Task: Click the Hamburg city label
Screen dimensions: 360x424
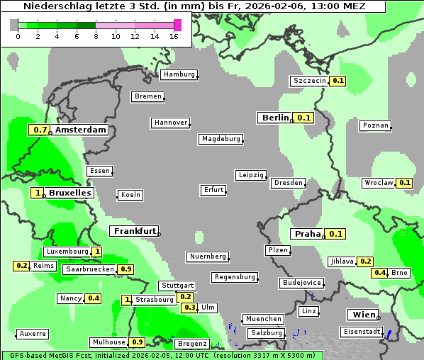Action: pos(179,74)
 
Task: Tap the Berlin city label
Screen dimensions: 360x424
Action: pos(275,118)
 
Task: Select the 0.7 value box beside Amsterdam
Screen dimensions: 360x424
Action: pos(40,130)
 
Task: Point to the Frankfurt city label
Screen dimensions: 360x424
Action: pos(134,231)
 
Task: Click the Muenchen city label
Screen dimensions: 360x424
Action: pos(262,319)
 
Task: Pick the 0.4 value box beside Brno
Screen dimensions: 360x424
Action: pos(380,273)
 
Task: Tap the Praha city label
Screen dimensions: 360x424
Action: pos(308,234)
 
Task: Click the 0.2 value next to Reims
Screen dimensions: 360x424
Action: pos(21,266)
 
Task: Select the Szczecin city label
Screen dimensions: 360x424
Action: pos(310,81)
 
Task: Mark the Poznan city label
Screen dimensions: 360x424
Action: pos(375,125)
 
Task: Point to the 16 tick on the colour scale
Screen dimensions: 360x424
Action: pos(174,36)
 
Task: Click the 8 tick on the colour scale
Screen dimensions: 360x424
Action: pos(96,36)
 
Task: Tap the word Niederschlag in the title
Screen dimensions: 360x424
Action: pos(51,6)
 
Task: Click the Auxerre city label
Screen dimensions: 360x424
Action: pos(33,333)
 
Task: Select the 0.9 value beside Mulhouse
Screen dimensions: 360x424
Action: pos(138,342)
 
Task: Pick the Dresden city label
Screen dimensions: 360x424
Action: pos(288,183)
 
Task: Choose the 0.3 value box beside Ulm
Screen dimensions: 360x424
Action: pos(189,308)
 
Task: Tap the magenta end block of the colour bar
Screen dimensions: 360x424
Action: pos(177,25)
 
